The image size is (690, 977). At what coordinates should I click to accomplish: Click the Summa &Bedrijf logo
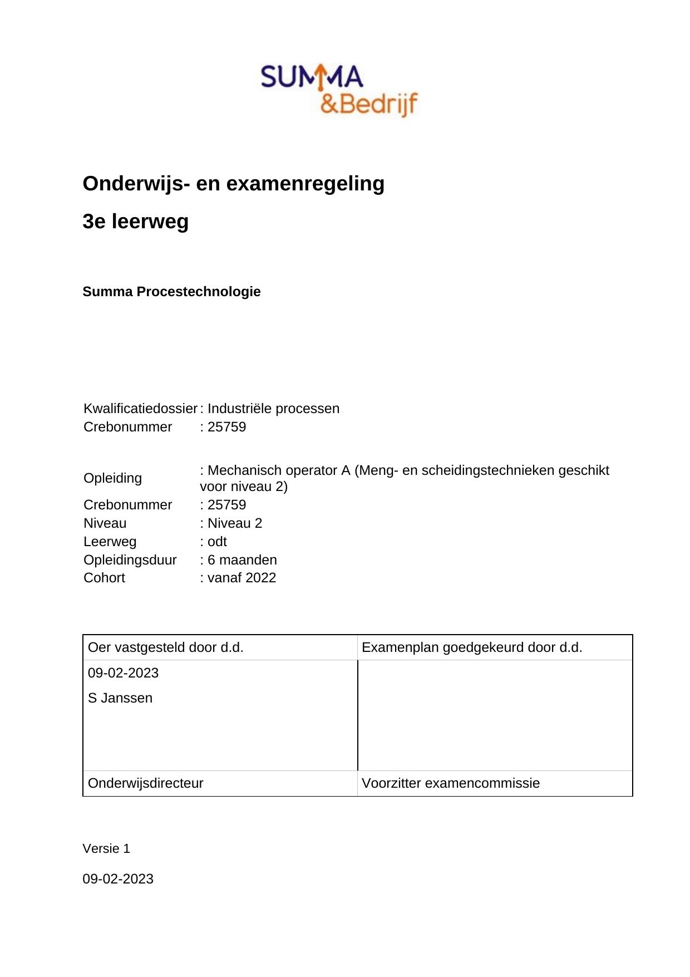point(339,90)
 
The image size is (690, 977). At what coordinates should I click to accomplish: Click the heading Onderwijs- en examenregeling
point(233,183)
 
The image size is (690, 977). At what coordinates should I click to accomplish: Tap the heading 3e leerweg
point(135,222)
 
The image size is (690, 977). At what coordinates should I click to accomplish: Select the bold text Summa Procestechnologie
point(171,292)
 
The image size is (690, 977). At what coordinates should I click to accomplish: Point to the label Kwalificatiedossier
point(140,409)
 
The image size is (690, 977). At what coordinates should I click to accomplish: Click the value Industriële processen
point(273,409)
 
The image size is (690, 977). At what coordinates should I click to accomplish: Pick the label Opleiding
point(112,478)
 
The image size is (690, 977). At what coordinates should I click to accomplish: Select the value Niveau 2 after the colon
point(234,523)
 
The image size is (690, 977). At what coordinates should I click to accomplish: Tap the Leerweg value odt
point(217,542)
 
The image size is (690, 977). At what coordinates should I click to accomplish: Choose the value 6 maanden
point(242,560)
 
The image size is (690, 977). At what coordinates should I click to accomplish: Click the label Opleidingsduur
point(130,560)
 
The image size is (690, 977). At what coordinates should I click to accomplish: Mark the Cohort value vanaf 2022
point(241,578)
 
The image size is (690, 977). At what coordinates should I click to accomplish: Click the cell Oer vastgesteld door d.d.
point(165,647)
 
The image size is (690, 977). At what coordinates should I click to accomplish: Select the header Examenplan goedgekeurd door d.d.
point(472,647)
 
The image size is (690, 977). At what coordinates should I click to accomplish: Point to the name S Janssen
point(120,698)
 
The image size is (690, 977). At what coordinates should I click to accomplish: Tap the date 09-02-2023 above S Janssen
point(123,673)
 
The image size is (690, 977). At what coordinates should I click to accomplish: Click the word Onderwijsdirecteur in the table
point(145,783)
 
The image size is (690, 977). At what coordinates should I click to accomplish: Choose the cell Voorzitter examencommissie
point(451,783)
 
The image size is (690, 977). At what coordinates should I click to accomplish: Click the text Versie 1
point(106,848)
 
